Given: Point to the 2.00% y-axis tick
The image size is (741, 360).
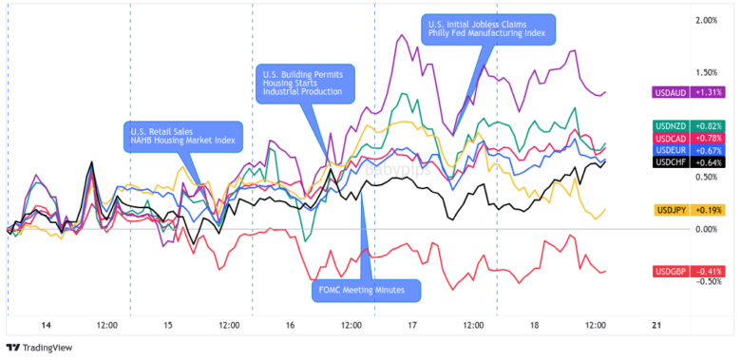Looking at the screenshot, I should click(x=706, y=20).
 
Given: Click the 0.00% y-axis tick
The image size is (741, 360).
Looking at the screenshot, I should click(x=706, y=229).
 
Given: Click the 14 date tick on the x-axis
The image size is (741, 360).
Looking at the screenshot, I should click(x=45, y=325).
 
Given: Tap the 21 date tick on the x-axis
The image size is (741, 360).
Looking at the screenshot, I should click(x=656, y=325).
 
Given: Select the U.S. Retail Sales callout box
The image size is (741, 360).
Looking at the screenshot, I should click(x=182, y=136).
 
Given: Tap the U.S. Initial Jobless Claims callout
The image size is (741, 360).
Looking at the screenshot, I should click(x=487, y=28).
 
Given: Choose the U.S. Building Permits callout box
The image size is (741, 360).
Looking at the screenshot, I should click(x=304, y=84).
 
